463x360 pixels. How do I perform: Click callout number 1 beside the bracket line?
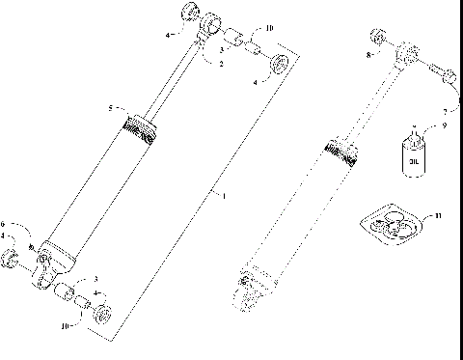[x=225, y=196]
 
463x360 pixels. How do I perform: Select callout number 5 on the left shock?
[x=112, y=107]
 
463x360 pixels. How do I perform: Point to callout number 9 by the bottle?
[x=444, y=125]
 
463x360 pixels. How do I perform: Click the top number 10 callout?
[x=268, y=29]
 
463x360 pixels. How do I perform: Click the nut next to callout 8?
[x=379, y=39]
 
